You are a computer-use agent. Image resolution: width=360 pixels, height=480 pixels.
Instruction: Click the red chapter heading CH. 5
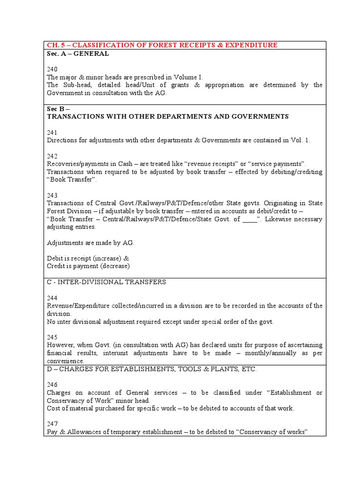pyautogui.click(x=162, y=45)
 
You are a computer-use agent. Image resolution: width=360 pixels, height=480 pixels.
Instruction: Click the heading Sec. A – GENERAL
pyautogui.click(x=78, y=54)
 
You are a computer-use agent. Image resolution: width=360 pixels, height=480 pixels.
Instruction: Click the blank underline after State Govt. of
pyautogui.click(x=250, y=219)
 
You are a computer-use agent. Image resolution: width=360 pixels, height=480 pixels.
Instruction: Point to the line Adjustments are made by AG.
pyautogui.click(x=91, y=242)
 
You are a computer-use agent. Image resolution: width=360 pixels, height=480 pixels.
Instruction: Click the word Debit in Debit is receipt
pyautogui.click(x=56, y=258)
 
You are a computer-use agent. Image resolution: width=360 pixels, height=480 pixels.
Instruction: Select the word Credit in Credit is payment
pyautogui.click(x=57, y=266)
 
